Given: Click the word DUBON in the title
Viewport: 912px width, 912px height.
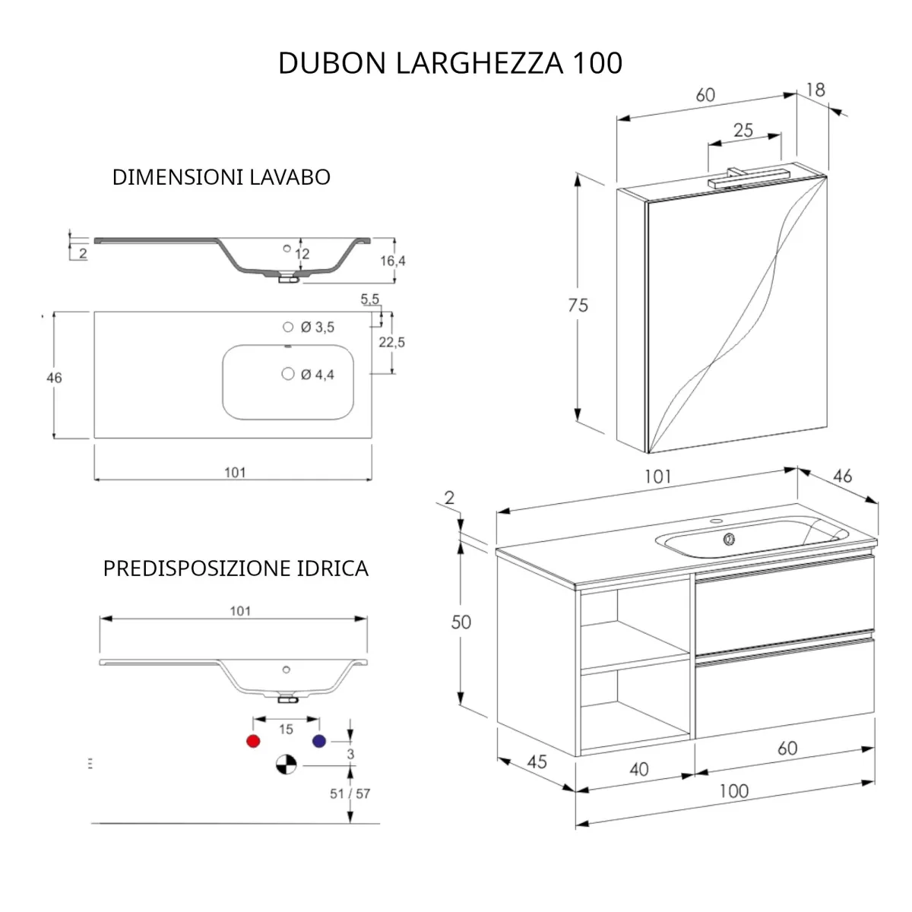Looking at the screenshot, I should tap(333, 63).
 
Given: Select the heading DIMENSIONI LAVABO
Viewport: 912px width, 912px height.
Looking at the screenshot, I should tap(221, 177).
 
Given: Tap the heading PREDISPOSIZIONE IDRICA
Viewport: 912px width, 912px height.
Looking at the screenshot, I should tap(236, 568).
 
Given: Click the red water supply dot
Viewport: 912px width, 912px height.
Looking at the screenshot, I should tap(253, 741).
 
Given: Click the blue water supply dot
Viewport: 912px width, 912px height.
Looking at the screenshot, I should tap(319, 741).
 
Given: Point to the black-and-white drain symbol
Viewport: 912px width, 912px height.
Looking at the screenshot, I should tap(286, 765).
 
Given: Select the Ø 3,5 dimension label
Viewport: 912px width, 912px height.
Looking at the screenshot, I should tap(317, 328).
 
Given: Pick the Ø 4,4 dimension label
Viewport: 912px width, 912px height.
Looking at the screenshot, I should tap(317, 375).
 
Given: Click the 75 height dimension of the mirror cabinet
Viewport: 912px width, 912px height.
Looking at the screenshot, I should tap(578, 305).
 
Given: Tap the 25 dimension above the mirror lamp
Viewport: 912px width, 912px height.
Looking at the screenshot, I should tap(743, 130).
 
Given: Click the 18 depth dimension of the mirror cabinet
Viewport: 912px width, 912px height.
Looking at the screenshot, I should tap(815, 90).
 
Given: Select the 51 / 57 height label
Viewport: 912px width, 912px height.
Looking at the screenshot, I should tap(350, 793).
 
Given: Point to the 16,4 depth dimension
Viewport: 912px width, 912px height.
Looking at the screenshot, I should tap(392, 261).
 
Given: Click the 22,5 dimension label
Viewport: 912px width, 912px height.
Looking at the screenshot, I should tap(392, 343).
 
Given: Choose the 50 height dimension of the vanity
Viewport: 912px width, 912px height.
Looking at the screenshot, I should tap(461, 622).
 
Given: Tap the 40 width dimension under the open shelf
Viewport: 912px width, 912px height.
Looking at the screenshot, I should tap(638, 769).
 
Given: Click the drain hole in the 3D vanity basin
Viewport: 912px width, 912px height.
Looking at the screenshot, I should tap(729, 539).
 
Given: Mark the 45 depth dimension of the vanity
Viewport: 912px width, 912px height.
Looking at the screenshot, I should tap(537, 761).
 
